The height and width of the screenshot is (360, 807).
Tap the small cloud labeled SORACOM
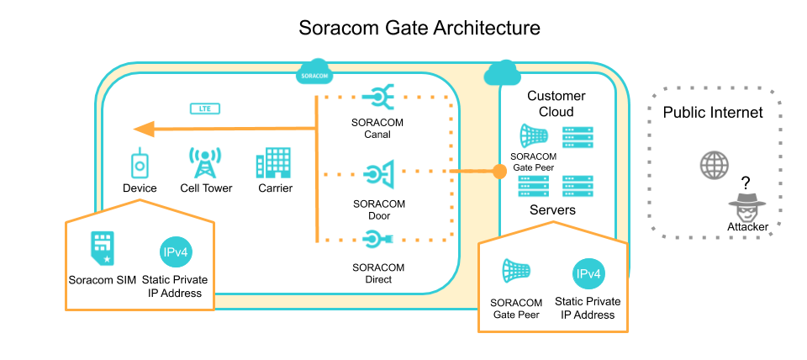pos(314,74)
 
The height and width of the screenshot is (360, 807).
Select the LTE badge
pos(204,109)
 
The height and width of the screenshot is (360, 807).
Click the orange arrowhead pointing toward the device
pos(144,129)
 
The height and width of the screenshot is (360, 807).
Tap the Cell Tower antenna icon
pos(205,162)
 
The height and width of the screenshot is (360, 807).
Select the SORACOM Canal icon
pos(377,99)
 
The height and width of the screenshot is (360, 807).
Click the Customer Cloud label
pos(556,103)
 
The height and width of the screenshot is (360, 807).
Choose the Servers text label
pos(552,209)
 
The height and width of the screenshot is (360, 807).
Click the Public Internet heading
pos(712,112)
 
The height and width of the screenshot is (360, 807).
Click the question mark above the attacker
pos(744,183)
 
